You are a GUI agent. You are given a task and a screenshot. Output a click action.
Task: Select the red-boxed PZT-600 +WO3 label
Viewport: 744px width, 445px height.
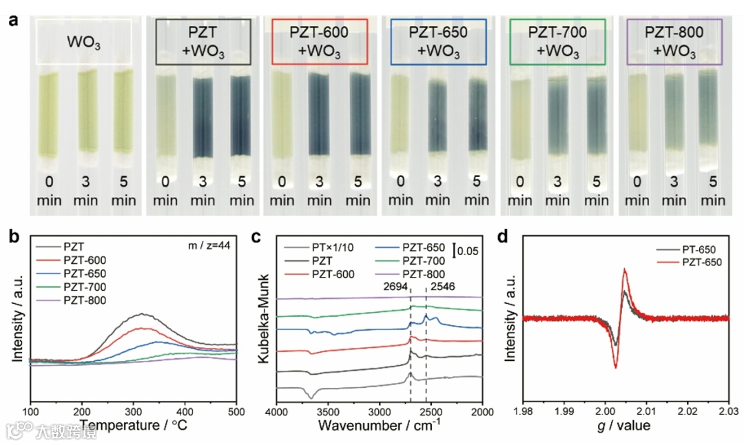pos(320,41)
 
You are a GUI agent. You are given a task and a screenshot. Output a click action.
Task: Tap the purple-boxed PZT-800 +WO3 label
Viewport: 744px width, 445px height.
pos(674,41)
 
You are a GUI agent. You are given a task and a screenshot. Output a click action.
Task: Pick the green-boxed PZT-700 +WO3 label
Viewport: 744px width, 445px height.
pos(557,41)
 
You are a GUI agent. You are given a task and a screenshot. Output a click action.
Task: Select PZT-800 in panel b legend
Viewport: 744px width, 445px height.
pos(88,300)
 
